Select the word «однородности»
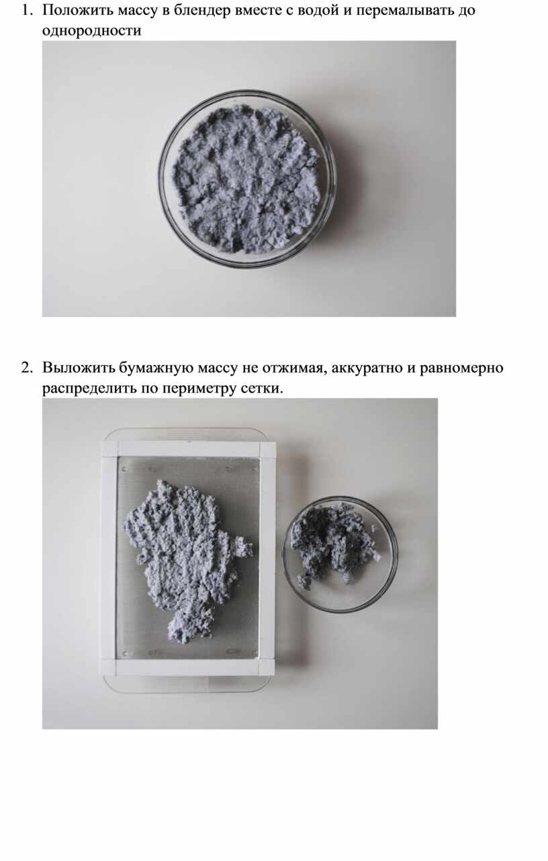92,31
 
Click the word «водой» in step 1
318,10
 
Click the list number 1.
26,10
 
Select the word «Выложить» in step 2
79,368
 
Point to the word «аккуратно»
367,368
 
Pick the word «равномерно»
461,368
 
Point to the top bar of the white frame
188,449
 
